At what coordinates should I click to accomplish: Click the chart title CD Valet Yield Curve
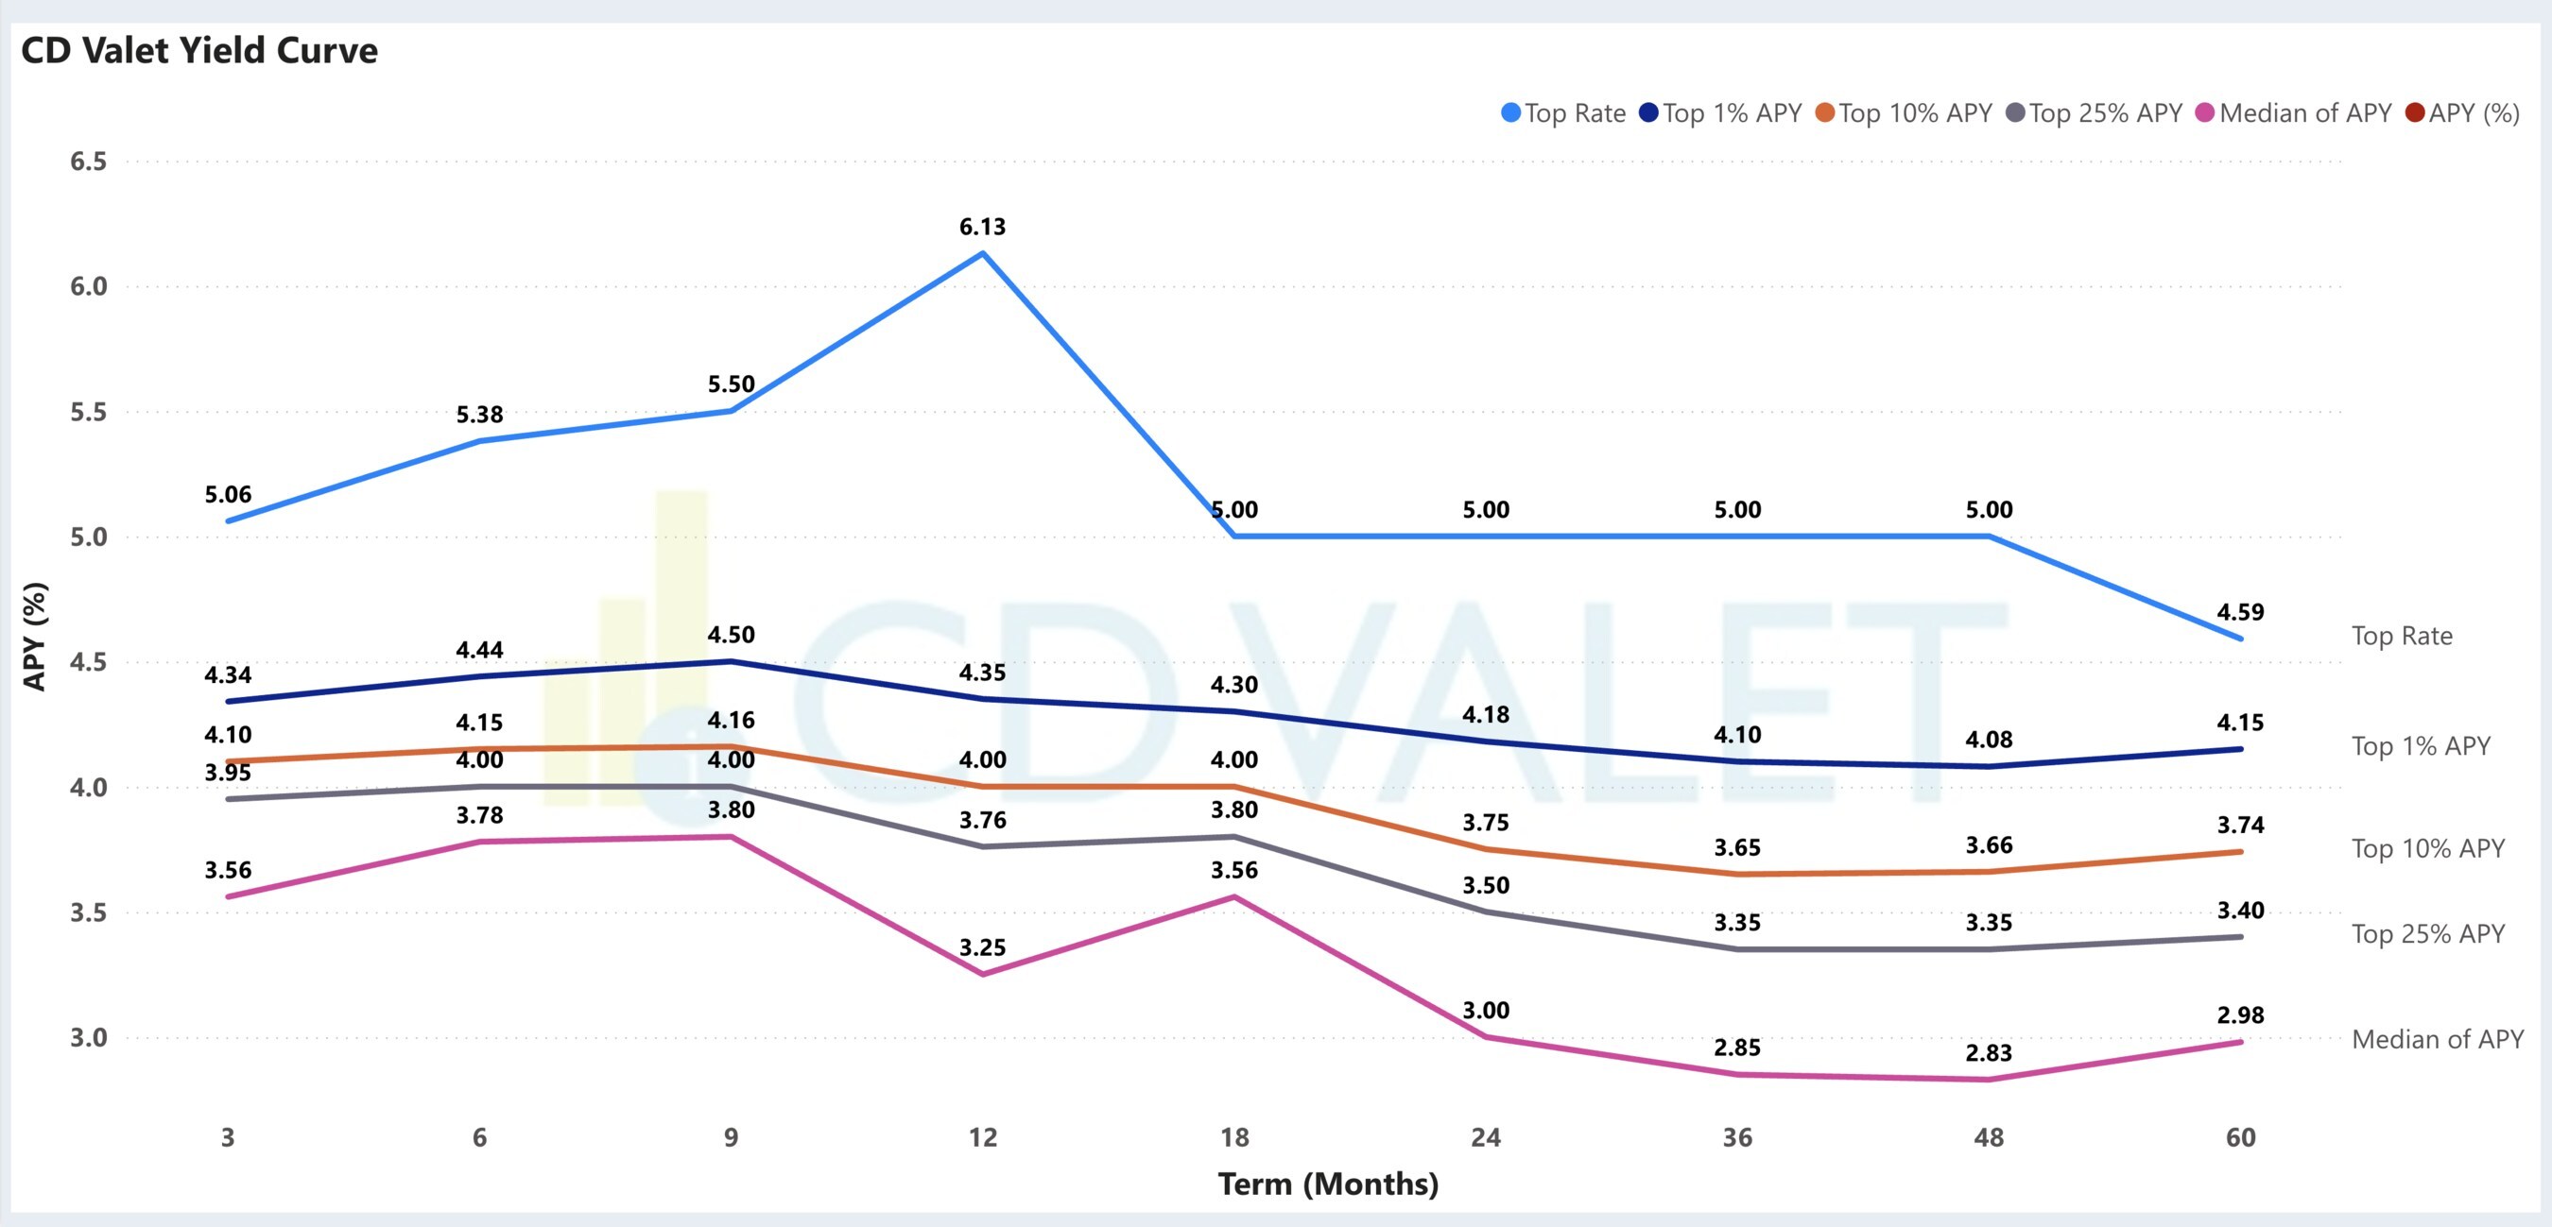coord(199,50)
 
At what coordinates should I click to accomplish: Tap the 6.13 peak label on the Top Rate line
coord(982,227)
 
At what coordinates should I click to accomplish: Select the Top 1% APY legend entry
coord(1721,113)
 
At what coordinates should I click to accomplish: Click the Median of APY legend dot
coord(2204,113)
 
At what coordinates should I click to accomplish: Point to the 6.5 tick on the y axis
coord(88,162)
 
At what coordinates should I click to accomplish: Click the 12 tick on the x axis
coord(982,1137)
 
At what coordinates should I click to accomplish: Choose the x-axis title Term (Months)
coord(1328,1184)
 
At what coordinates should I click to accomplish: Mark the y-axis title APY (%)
coord(35,636)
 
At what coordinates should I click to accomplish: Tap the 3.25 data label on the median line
coord(982,947)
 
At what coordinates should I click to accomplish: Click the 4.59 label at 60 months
coord(2240,612)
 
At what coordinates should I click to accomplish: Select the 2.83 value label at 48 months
coord(1989,1052)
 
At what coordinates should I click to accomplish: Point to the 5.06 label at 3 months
coord(228,494)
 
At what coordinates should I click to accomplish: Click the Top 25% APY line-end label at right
coord(2427,934)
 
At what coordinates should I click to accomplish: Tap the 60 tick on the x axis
coord(2240,1137)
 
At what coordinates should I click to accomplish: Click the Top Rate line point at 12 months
coord(982,253)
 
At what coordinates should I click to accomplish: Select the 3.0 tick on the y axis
coord(88,1038)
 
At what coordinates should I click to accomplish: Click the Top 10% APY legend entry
coord(1905,113)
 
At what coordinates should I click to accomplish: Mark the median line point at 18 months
coord(1234,896)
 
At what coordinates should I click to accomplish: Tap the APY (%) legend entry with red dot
coord(2463,113)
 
